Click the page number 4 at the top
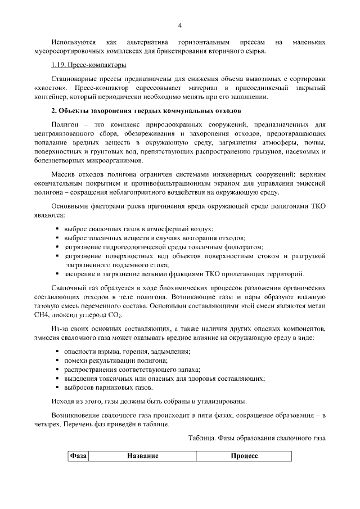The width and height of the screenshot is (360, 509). [180, 25]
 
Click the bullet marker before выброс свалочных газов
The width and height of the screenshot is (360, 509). [58, 229]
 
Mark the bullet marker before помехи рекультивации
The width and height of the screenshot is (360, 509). [58, 360]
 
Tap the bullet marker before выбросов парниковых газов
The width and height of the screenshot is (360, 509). [58, 388]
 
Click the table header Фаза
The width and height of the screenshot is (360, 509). [78, 456]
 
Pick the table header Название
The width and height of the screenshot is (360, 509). [142, 456]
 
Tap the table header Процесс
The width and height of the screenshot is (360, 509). [244, 456]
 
